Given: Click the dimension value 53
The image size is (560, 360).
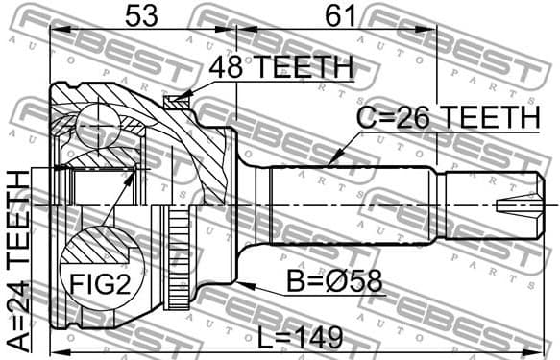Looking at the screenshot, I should (139, 16).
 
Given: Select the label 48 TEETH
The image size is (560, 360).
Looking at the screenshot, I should (281, 68).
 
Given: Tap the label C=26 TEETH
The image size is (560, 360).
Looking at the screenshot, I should (448, 117).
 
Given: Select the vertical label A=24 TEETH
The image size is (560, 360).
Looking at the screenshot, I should (18, 259).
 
